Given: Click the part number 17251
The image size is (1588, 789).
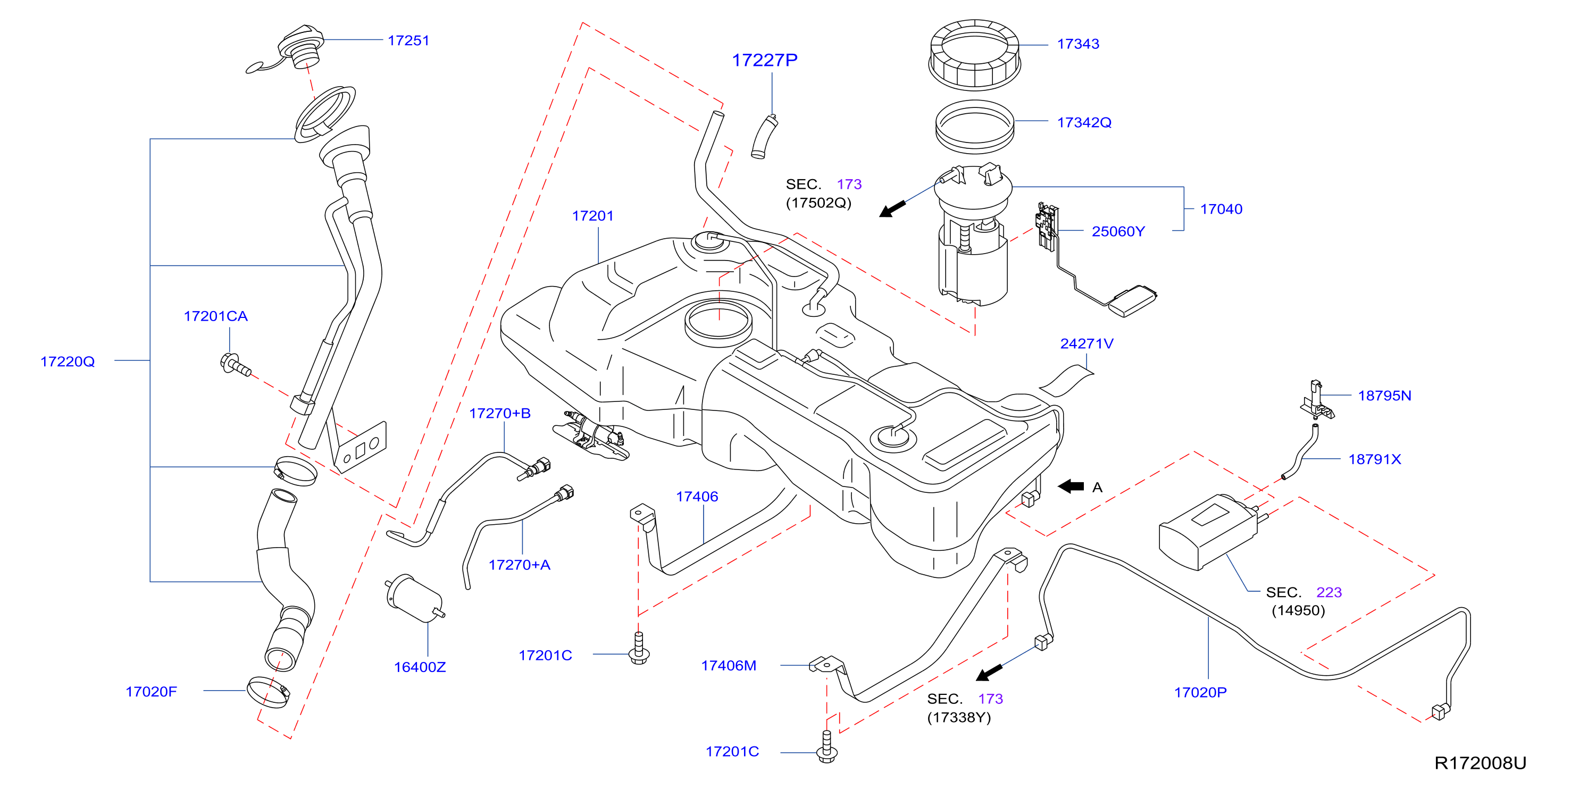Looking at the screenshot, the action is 408,41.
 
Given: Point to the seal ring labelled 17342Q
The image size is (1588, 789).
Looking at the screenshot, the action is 975,127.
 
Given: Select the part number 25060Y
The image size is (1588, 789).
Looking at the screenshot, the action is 1118,232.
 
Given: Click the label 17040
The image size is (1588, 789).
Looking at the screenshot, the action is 1221,209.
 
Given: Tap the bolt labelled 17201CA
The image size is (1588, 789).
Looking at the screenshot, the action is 235,364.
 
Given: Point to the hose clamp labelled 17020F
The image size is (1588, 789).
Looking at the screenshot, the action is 268,692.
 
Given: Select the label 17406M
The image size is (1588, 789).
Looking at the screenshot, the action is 729,666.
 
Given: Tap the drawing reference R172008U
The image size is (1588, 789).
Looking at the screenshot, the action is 1480,763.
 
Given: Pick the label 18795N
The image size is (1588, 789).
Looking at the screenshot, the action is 1384,396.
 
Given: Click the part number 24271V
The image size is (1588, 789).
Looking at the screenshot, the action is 1087,344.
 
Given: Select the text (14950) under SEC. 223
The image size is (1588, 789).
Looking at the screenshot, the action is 1298,610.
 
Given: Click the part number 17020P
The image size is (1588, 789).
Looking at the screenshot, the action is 1200,693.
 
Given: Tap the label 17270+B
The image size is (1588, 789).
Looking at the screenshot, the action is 500,414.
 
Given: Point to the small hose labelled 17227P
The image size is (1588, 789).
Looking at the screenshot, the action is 764,137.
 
